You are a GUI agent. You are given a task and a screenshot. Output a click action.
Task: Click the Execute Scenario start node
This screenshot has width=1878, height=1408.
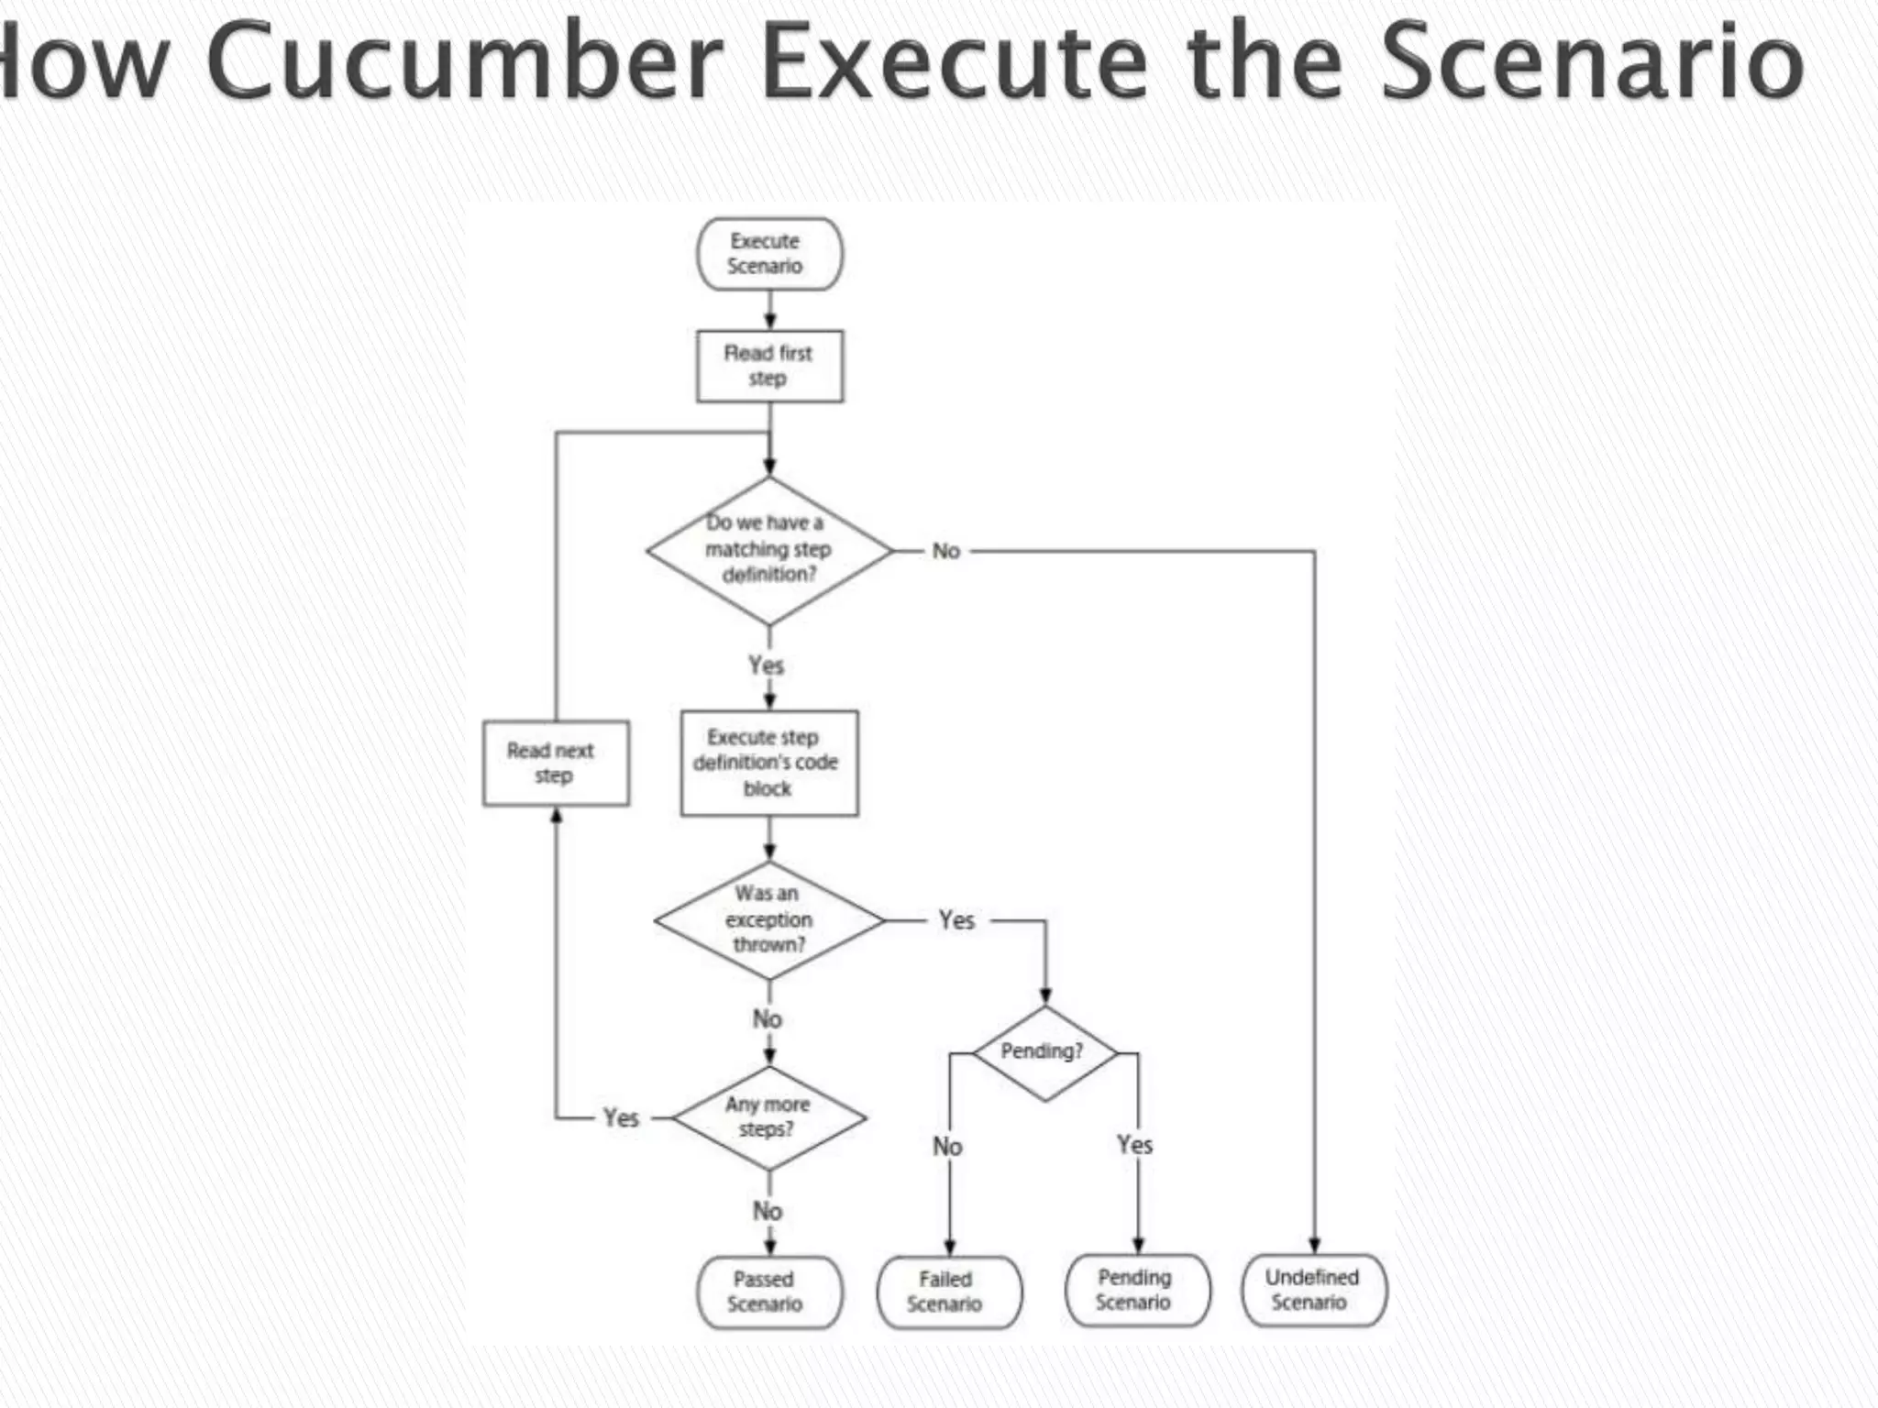(x=768, y=254)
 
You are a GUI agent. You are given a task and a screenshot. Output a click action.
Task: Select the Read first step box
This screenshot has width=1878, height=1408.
(x=768, y=366)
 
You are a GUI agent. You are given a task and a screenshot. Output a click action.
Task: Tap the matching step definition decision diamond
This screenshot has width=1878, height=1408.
(x=768, y=550)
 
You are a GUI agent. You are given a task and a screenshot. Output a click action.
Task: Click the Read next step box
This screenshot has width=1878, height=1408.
(x=555, y=763)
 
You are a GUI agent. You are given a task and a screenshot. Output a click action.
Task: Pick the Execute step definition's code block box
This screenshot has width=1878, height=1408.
(x=768, y=763)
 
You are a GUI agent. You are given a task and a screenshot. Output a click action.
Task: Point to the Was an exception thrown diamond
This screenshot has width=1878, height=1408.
(x=768, y=919)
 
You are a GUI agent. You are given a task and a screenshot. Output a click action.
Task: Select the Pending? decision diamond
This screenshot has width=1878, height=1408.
(x=1044, y=1052)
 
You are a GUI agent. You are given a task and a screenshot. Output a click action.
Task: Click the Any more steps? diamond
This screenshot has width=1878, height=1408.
(x=768, y=1117)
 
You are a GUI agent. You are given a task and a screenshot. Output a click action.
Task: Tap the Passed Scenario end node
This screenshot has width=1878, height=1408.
(x=768, y=1292)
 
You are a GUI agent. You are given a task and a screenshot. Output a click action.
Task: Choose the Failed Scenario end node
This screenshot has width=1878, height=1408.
(x=948, y=1292)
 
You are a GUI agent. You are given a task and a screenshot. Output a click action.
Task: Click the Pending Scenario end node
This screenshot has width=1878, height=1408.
(x=1136, y=1290)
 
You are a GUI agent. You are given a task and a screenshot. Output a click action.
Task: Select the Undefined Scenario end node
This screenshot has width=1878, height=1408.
(x=1313, y=1290)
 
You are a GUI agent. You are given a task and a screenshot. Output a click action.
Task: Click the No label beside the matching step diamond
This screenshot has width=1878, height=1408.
(x=946, y=551)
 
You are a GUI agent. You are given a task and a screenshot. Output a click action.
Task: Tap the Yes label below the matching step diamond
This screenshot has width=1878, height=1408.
(x=767, y=665)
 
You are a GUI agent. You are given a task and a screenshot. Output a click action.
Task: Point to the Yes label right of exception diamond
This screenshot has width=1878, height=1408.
(x=956, y=920)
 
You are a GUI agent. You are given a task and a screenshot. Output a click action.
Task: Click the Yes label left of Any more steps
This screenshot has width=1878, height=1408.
(x=621, y=1118)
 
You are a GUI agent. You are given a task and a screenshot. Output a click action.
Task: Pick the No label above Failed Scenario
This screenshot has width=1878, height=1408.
(x=947, y=1147)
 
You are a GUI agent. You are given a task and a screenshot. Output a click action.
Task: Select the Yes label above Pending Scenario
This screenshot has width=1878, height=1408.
(x=1135, y=1145)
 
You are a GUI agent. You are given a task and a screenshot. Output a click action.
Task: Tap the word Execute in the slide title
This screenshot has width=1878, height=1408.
(x=954, y=62)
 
